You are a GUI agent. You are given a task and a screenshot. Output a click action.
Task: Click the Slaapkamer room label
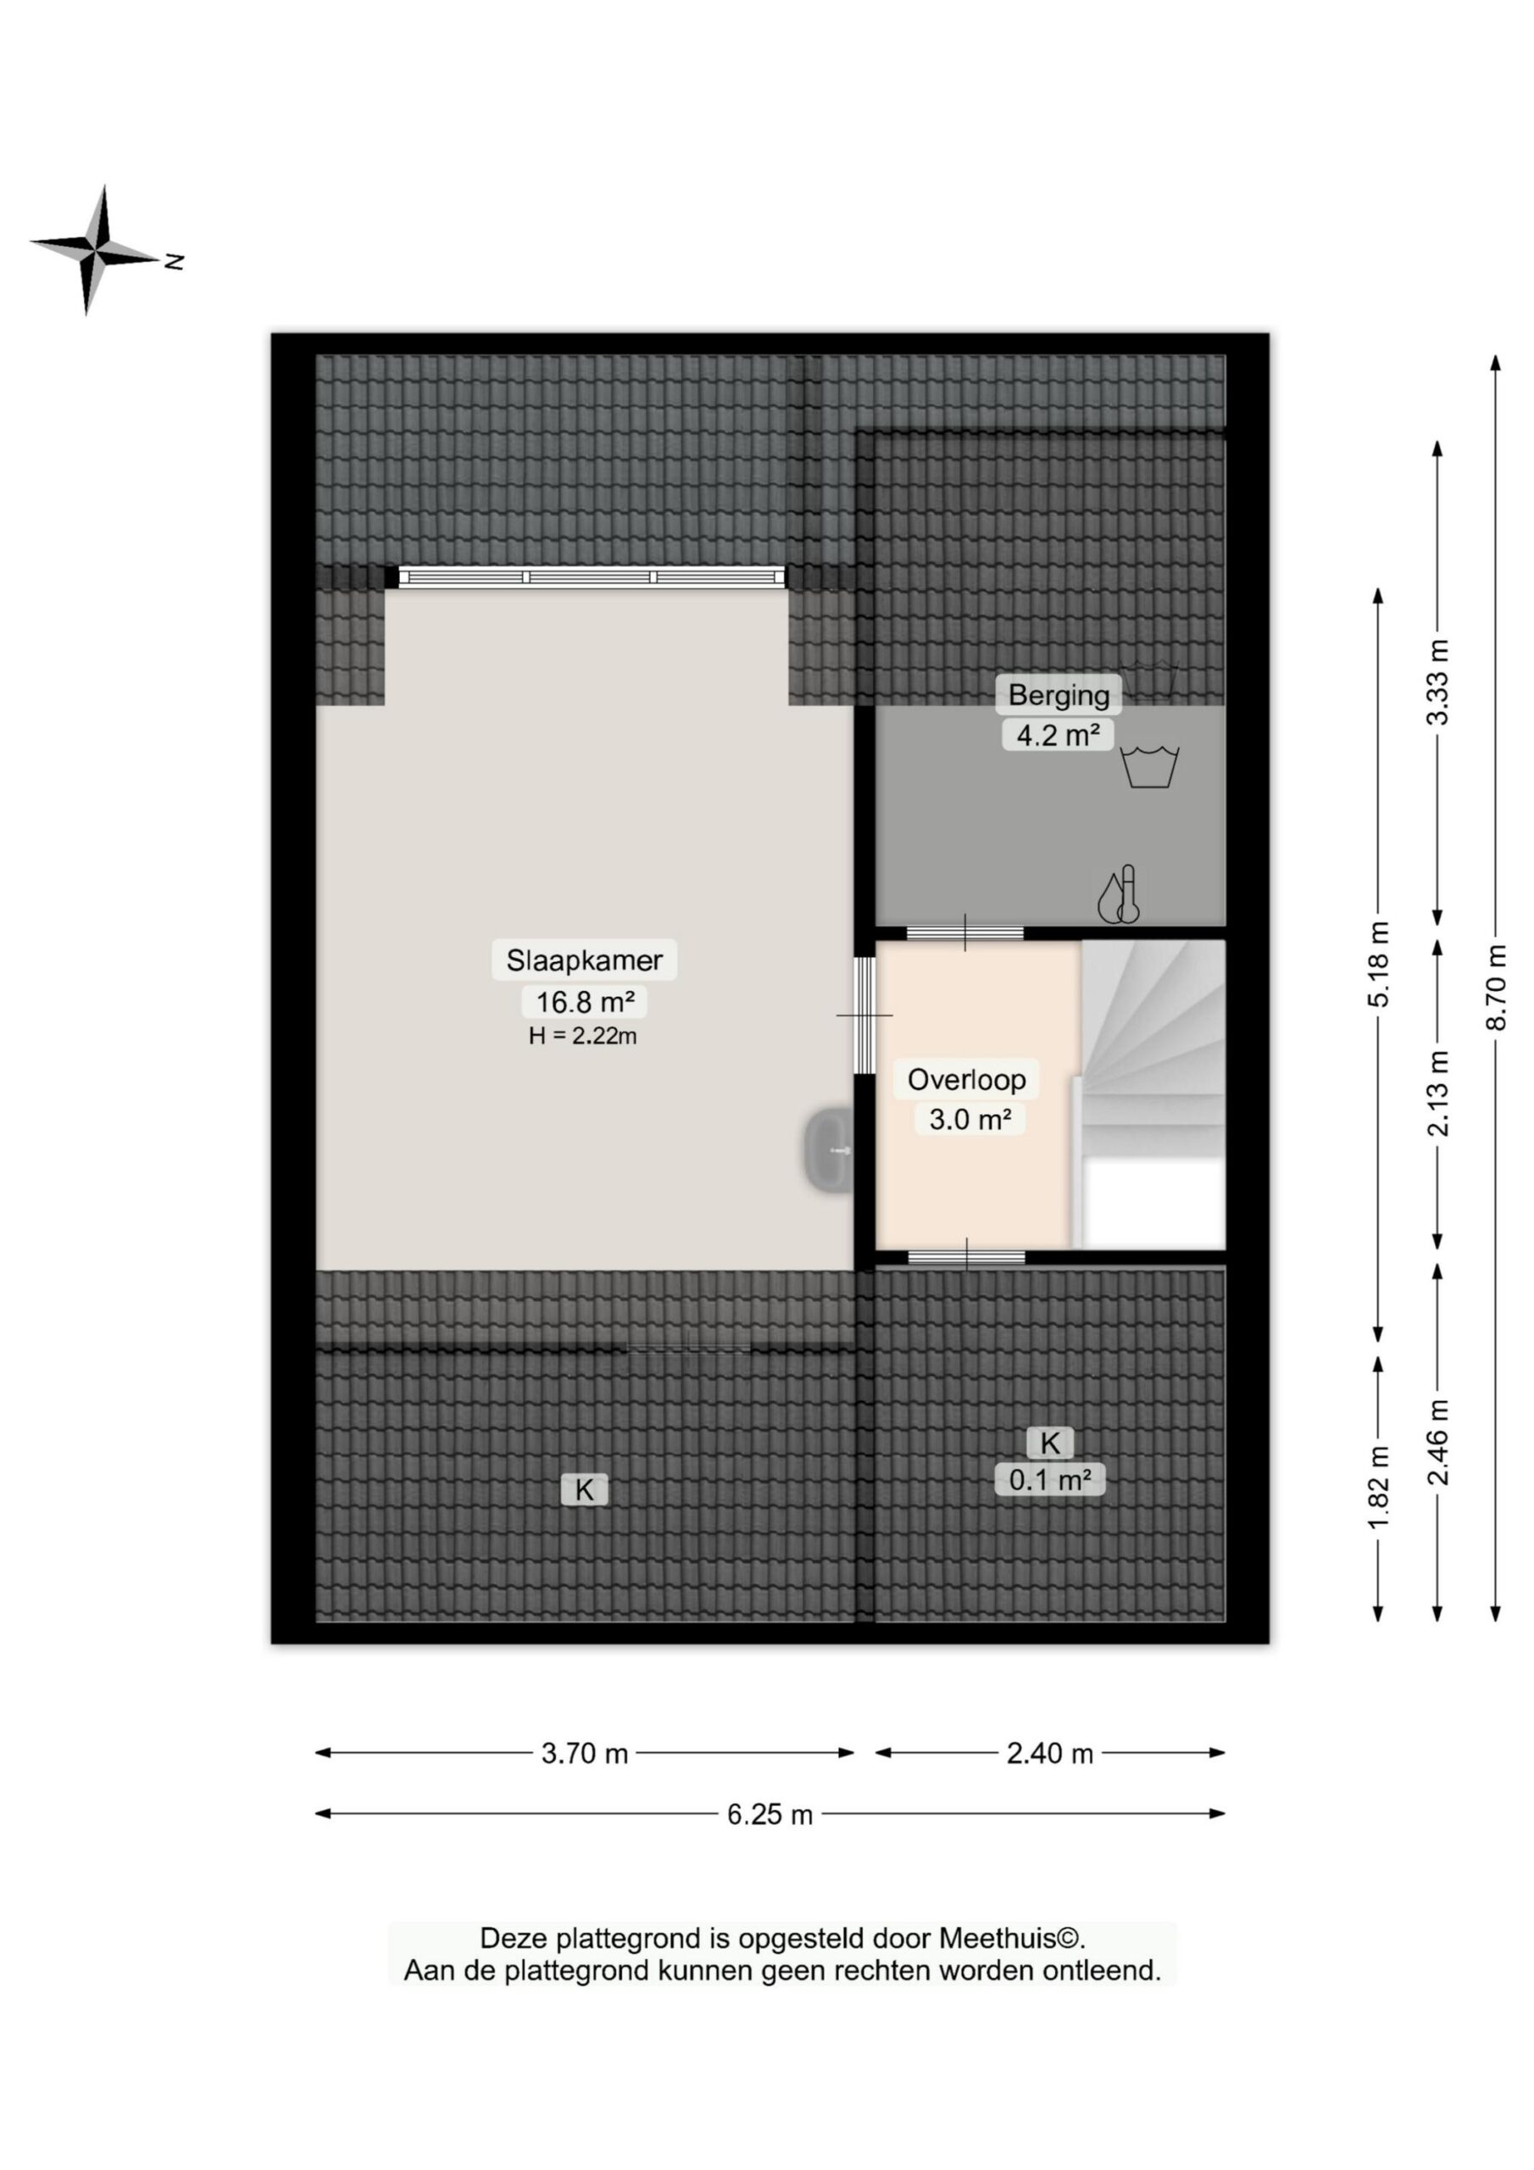click(584, 960)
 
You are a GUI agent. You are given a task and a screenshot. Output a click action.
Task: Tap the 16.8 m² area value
click(584, 1001)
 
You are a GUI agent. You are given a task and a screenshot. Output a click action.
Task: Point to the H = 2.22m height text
click(582, 1036)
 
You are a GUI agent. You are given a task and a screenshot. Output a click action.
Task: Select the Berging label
click(1059, 696)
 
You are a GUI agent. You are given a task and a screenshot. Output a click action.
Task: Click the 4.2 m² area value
click(1058, 734)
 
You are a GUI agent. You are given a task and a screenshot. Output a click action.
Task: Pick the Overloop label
click(966, 1079)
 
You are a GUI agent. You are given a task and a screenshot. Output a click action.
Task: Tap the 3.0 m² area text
click(970, 1119)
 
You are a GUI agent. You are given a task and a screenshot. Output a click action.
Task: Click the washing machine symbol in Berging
click(1149, 766)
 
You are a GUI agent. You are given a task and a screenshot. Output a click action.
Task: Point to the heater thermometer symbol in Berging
click(1119, 894)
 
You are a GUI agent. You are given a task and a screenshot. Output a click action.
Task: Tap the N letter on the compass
click(173, 262)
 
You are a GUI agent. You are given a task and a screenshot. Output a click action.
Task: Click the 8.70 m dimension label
click(1495, 988)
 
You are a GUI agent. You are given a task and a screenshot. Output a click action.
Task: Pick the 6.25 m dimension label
click(770, 1815)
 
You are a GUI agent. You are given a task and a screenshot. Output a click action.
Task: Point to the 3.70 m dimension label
click(584, 1753)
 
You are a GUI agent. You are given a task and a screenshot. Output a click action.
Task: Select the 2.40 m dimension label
click(1049, 1753)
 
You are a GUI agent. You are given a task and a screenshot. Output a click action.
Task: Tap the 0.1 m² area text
click(1050, 1479)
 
